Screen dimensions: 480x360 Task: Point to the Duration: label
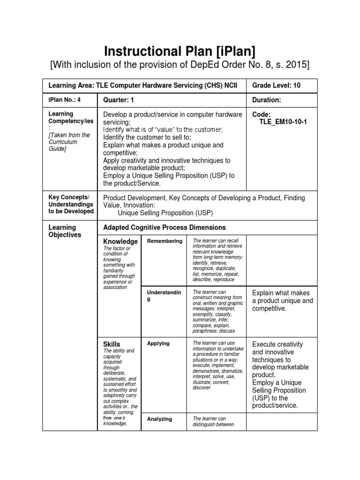click(x=266, y=100)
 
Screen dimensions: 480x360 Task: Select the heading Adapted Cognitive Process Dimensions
click(x=164, y=227)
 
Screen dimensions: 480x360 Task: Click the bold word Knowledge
click(x=120, y=241)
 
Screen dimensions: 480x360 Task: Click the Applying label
click(x=158, y=343)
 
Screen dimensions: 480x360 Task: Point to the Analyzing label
click(x=159, y=419)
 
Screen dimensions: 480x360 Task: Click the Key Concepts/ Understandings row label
click(x=71, y=204)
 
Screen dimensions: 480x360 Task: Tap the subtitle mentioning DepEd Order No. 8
click(x=180, y=65)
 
